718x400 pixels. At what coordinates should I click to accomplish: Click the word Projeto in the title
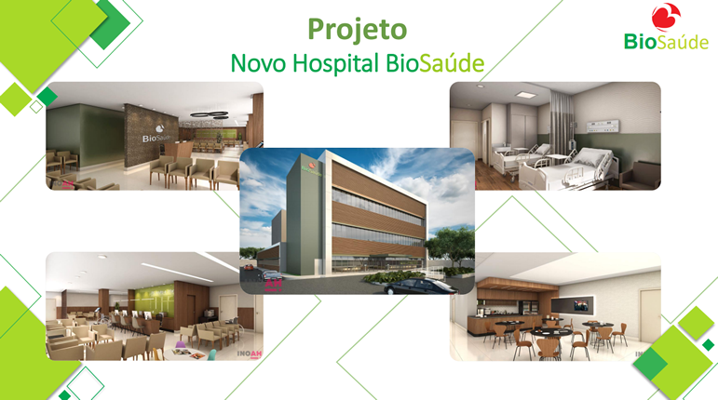(x=358, y=30)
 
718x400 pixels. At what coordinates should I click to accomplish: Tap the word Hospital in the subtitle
(x=335, y=63)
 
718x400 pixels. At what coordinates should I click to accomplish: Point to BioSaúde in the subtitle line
(x=435, y=63)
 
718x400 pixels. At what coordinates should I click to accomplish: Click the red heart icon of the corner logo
(x=666, y=17)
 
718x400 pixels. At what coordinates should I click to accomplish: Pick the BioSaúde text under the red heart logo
(x=666, y=42)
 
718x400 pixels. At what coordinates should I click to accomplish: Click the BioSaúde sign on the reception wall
(x=156, y=135)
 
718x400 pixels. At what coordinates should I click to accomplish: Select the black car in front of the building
(x=419, y=287)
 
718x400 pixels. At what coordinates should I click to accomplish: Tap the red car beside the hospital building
(x=248, y=267)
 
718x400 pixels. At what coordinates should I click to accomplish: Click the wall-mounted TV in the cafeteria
(x=573, y=304)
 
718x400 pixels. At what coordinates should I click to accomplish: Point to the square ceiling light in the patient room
(x=524, y=94)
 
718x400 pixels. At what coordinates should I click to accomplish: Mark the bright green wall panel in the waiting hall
(x=156, y=300)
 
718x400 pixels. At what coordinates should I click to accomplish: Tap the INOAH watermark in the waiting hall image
(x=250, y=354)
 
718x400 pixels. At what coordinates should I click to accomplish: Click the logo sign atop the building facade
(x=311, y=167)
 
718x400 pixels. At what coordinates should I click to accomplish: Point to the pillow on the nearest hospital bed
(x=589, y=157)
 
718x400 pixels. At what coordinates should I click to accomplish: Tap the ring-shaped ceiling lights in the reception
(x=210, y=114)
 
